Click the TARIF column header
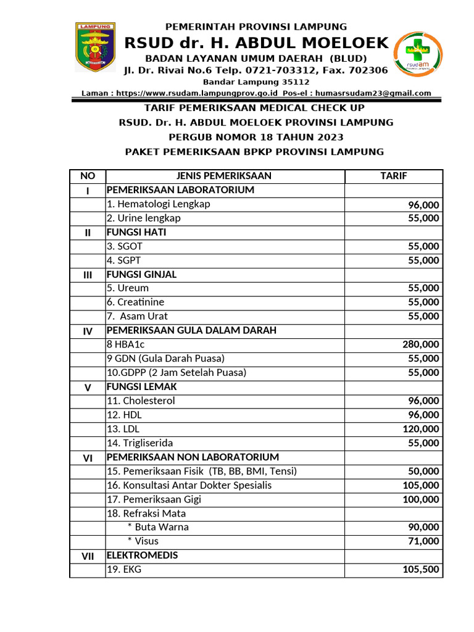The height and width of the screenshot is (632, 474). [393, 176]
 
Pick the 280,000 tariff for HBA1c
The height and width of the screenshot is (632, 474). [421, 344]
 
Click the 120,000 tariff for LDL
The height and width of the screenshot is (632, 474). [421, 429]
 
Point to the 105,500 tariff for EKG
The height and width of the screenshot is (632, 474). [421, 570]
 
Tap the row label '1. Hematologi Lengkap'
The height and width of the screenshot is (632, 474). [159, 204]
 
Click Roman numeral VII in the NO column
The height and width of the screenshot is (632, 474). [88, 556]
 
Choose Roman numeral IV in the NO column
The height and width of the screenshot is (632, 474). [88, 331]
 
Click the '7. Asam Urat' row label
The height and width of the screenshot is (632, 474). [137, 316]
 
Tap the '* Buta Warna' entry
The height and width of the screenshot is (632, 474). [158, 527]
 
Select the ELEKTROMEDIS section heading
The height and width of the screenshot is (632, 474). [143, 555]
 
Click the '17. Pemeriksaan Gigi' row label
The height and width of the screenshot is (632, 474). [154, 499]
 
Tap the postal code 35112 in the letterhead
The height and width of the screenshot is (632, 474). [296, 82]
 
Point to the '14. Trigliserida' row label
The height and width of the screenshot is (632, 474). [139, 443]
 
